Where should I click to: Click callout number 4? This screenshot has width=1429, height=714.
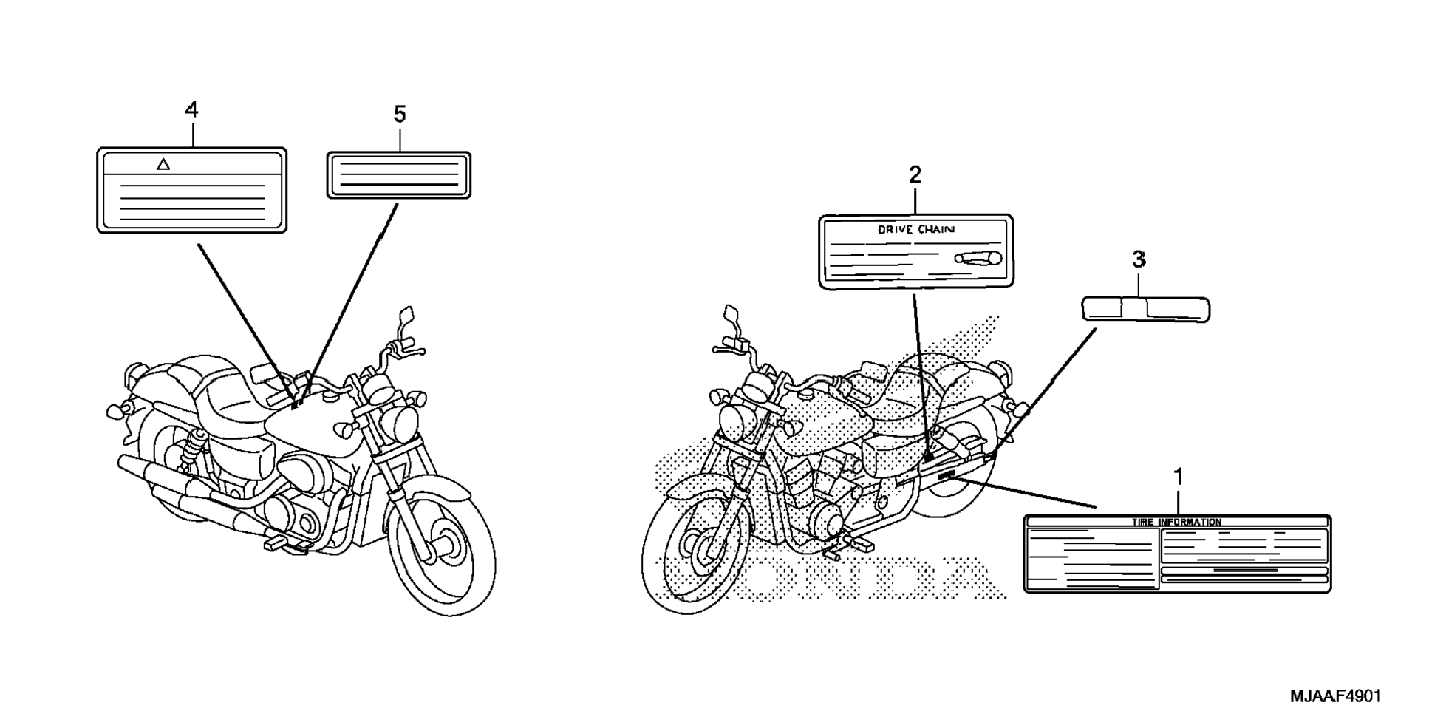coord(191,110)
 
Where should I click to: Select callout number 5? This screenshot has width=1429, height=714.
coord(399,115)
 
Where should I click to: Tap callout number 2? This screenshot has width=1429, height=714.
coord(915,175)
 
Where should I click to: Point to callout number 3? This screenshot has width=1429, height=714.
coord(1139,259)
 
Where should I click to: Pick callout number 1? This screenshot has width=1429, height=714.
coord(1178,477)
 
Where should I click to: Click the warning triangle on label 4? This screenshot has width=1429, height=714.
coord(163,164)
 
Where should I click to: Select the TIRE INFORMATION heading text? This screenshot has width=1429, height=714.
coord(1176,523)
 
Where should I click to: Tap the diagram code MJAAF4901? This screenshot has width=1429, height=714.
coord(1335,696)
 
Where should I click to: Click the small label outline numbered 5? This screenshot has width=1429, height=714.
coord(399,175)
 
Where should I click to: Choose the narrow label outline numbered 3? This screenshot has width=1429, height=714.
coord(1145,309)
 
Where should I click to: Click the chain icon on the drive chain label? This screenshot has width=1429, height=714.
coord(977,258)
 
